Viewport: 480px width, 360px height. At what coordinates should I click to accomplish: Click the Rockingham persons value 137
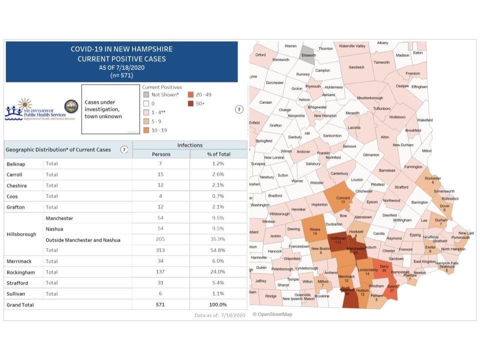pyautogui.click(x=161, y=272)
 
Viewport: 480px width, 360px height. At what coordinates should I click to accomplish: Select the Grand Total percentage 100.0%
pyautogui.click(x=218, y=304)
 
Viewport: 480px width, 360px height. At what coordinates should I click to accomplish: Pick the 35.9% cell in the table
pyautogui.click(x=218, y=239)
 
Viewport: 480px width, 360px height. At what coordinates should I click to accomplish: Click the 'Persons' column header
pyautogui.click(x=161, y=154)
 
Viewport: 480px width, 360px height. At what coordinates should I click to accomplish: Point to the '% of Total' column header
pyautogui.click(x=218, y=154)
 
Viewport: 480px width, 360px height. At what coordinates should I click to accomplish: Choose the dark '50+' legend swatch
pyautogui.click(x=191, y=103)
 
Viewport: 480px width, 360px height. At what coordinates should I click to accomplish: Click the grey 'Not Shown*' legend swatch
pyautogui.click(x=145, y=94)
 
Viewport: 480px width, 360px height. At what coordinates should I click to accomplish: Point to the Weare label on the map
pyautogui.click(x=315, y=230)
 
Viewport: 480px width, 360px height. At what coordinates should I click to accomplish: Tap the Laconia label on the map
pyautogui.click(x=354, y=127)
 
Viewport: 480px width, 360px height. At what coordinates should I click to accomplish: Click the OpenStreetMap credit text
pyautogui.click(x=272, y=314)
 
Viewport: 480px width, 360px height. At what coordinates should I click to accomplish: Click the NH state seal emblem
pyautogui.click(x=71, y=106)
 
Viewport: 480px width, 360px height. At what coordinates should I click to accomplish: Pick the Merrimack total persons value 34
pyautogui.click(x=161, y=261)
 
